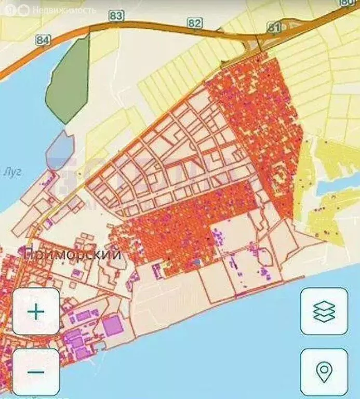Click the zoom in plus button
click(x=36, y=312)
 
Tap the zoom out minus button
click(x=36, y=372)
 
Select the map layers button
click(x=324, y=312)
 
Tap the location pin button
click(x=324, y=372)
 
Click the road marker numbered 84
click(x=44, y=39)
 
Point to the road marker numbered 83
click(x=116, y=16)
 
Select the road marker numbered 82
click(x=195, y=23)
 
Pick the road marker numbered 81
click(x=274, y=27)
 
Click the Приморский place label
click(x=73, y=255)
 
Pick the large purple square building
click(x=113, y=326)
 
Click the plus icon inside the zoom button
click(x=36, y=312)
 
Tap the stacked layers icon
click(x=324, y=312)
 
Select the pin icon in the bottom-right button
click(x=324, y=372)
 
